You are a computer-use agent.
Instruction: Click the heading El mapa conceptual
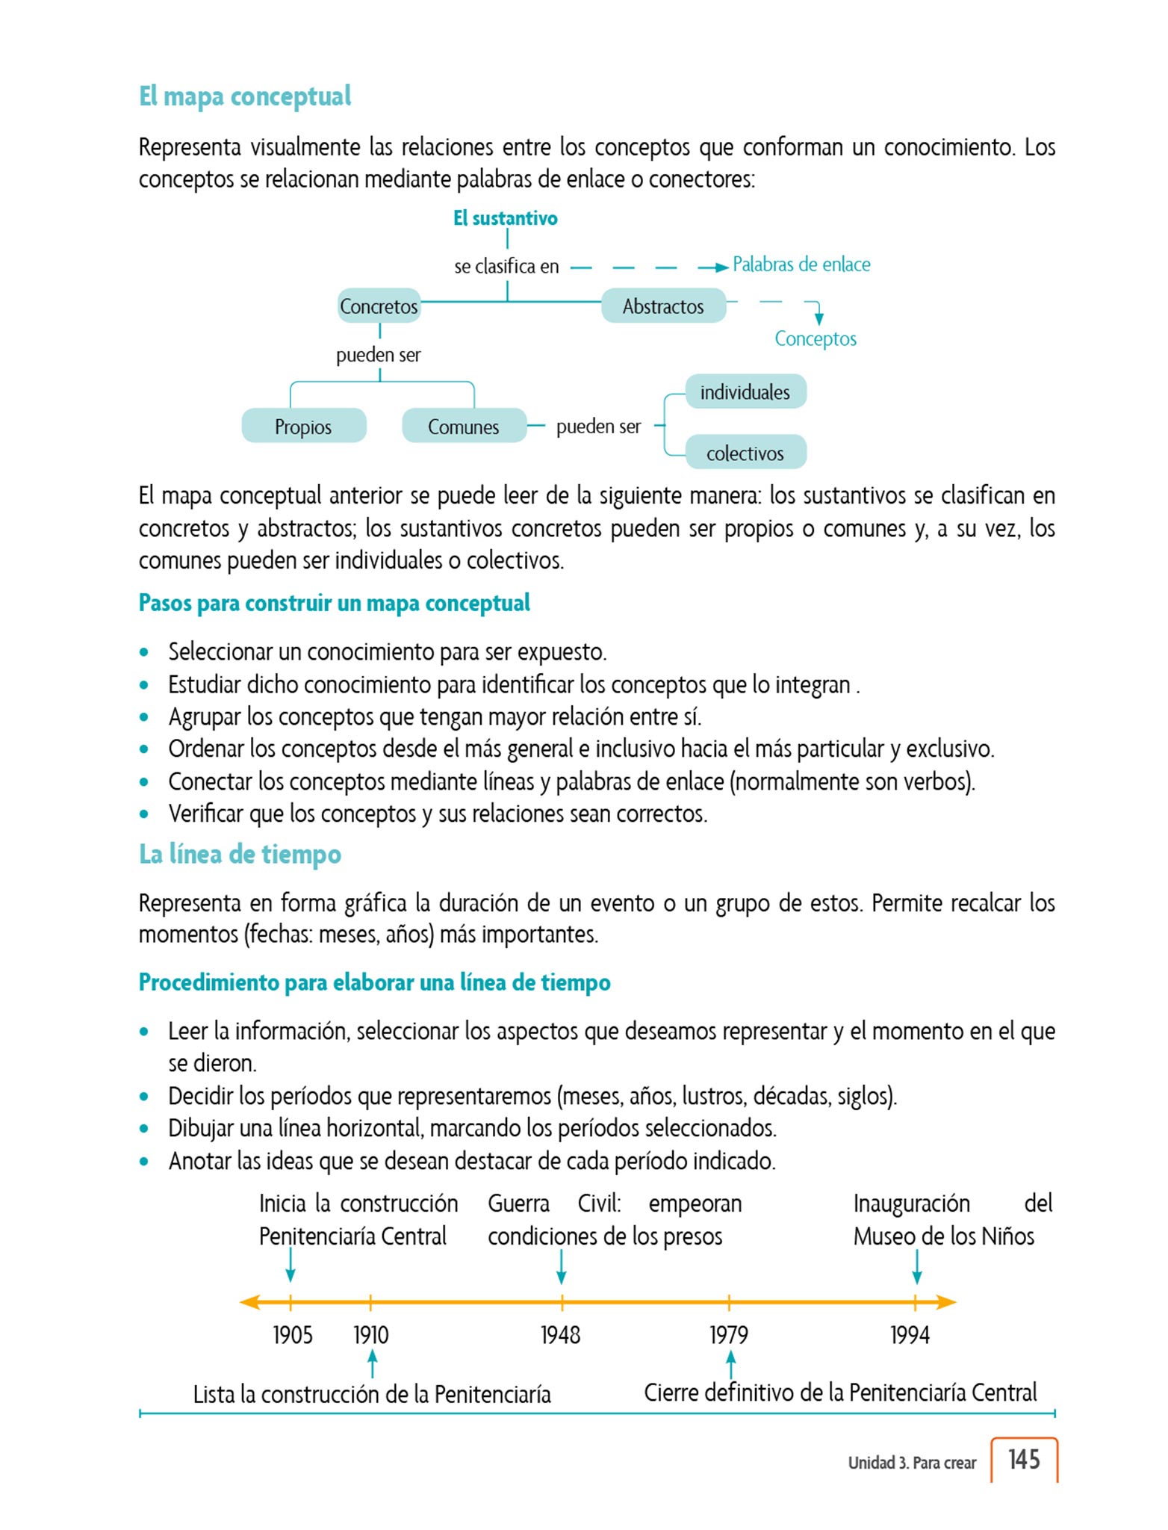tap(245, 97)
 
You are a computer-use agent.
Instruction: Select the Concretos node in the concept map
tap(379, 306)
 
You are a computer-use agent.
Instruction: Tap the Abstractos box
tap(663, 306)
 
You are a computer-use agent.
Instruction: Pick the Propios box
tap(303, 427)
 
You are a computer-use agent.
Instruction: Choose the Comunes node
tap(463, 427)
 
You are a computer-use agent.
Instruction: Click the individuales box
tap(745, 392)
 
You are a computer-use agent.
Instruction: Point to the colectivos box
tap(745, 453)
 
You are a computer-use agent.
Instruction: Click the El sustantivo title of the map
tap(506, 218)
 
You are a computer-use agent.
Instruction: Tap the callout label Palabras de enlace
tap(801, 264)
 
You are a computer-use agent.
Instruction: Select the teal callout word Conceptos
tap(816, 338)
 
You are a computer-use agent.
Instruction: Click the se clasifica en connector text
tap(506, 267)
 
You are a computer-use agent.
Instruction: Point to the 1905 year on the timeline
tap(293, 1334)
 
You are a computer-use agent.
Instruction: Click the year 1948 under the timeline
tap(560, 1334)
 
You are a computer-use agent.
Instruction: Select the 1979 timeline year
tap(728, 1334)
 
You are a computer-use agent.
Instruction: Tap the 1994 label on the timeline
tap(910, 1334)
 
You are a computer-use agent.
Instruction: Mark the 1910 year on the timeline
tap(371, 1334)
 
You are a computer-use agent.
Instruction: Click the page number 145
tap(1024, 1459)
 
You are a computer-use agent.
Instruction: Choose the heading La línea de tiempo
tap(240, 854)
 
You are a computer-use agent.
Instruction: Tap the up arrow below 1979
tap(731, 1365)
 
